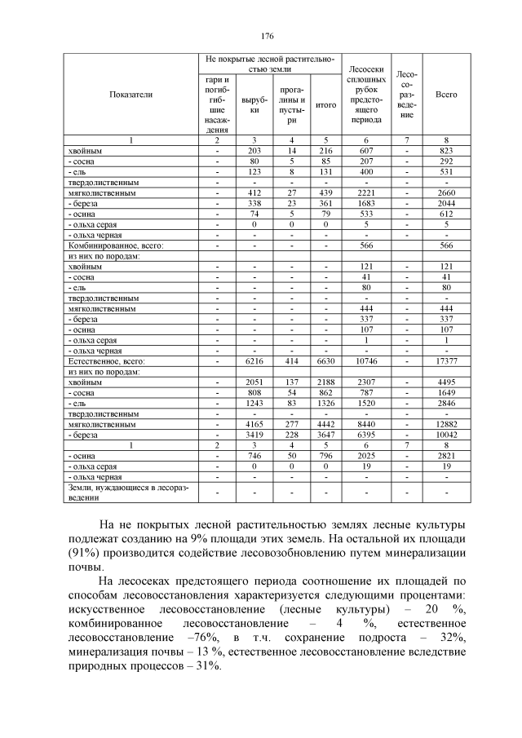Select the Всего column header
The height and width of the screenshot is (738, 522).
tap(446, 95)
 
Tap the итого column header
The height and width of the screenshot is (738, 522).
tap(325, 105)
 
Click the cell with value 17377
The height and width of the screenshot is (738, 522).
tap(446, 360)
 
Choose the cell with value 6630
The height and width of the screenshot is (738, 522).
tap(325, 360)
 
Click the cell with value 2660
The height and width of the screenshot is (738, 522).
tap(446, 192)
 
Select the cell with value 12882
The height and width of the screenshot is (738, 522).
tap(446, 424)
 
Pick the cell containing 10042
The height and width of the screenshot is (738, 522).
tap(446, 435)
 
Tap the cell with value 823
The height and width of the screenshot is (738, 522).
tap(446, 151)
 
